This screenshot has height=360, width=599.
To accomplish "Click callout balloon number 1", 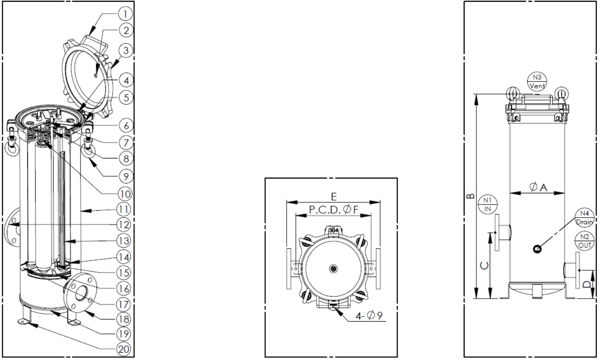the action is pos(125,13).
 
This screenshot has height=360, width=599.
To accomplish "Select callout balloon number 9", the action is pos(125,176).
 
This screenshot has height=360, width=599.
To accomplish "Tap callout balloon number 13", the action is pos(124,241).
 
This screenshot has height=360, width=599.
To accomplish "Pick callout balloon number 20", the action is pos(124,349).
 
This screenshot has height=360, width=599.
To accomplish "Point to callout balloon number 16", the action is pos(124,289).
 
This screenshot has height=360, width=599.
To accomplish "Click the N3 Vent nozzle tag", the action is pos(537,81).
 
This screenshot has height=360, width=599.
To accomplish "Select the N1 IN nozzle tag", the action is pos(488,204).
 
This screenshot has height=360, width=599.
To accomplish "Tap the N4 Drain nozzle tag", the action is pos(584,217).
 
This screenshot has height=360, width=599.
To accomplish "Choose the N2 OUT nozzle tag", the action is pos(584,241).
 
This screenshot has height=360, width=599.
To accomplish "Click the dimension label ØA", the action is pos(538,187).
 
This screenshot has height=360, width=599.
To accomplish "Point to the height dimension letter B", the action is pos(470,196).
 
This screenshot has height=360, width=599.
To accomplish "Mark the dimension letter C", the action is pos(484,266).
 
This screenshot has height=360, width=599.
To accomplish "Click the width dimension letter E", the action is pos(334,197).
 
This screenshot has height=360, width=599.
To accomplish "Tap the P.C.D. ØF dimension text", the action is pos(334,210).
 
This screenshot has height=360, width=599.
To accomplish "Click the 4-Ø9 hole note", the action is pos(369,316).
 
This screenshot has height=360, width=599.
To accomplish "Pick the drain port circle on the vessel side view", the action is pos(537,249).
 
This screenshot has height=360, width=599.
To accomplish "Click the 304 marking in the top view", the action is pos(334,230).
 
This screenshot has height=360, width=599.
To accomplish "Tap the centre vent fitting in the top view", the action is pos(334,269).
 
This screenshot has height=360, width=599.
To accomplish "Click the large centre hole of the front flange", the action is pos(82,293).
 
